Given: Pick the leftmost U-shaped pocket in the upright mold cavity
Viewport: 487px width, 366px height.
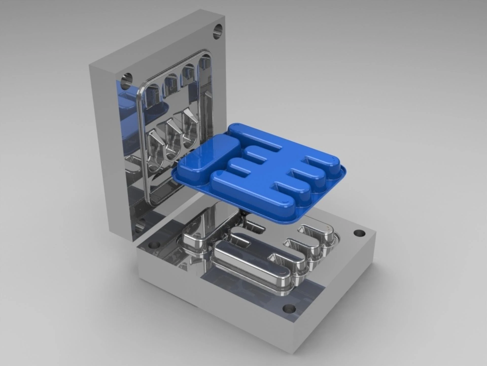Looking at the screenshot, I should pyautogui.click(x=154, y=148).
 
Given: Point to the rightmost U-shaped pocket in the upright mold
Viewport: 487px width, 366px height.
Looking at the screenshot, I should pyautogui.click(x=188, y=127).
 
